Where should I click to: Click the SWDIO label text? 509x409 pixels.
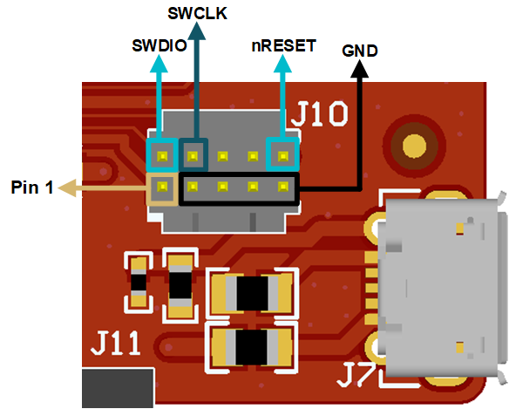tap(159, 45)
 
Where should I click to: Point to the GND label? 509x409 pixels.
tap(360, 51)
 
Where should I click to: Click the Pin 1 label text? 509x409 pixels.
tap(31, 187)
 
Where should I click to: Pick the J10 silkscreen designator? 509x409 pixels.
tap(321, 114)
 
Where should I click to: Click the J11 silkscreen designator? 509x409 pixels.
tap(116, 344)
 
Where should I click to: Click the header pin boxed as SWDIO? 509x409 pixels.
tap(162, 157)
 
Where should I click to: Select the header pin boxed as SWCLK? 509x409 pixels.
tap(193, 157)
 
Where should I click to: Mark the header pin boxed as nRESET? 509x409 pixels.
tap(282, 157)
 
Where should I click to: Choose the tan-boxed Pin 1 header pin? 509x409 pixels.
tap(162, 186)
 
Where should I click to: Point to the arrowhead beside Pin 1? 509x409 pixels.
tap(65, 187)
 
